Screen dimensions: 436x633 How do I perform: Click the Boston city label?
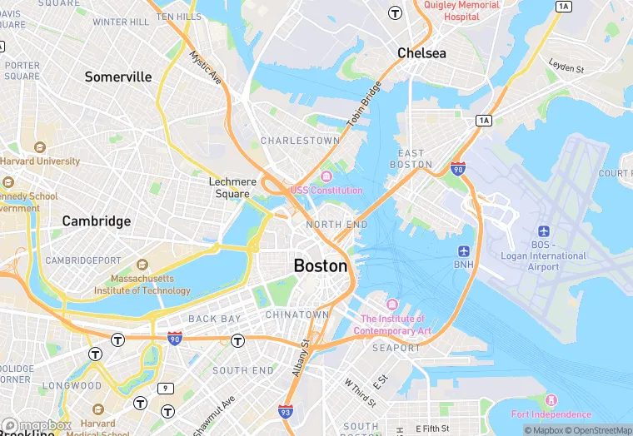(321, 266)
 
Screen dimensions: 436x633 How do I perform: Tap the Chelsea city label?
(421, 53)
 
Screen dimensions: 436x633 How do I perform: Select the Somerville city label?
(118, 77)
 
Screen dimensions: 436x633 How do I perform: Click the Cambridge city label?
(97, 221)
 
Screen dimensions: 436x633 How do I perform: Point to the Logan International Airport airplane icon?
(545, 230)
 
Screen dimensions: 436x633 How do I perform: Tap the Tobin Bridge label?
(363, 104)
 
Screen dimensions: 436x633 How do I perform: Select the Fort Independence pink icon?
(550, 400)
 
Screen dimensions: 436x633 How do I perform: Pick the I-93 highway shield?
(285, 411)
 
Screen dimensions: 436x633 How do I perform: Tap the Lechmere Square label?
(229, 187)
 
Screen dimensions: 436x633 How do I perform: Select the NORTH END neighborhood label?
(336, 225)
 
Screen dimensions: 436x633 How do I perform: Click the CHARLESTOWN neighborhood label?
(300, 141)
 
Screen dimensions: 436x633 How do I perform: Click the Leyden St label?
(566, 66)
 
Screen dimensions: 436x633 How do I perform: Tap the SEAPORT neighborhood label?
(396, 348)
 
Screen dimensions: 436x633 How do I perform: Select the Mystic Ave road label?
(205, 68)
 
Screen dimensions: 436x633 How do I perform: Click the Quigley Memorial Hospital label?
(461, 11)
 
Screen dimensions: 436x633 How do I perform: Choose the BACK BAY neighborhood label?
(214, 319)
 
